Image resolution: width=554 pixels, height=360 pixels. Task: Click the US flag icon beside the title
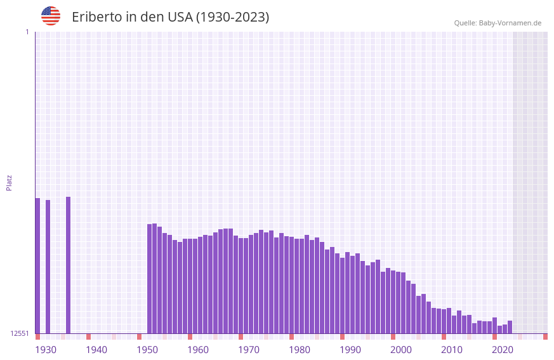point(51,16)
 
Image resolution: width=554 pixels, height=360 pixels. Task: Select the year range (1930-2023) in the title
point(232,17)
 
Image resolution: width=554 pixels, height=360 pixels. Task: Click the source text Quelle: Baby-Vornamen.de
point(498,23)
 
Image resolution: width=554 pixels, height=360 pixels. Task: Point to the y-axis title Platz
point(9,182)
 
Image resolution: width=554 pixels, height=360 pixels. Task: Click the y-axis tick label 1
point(27,32)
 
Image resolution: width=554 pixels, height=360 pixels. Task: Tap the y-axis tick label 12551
point(20,333)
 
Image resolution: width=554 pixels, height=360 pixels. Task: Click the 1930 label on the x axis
point(46,349)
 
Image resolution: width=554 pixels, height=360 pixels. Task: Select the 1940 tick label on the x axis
point(96,349)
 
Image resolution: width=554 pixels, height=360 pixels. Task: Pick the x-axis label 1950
point(147,349)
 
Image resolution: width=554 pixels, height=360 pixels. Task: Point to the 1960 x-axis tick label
point(198,349)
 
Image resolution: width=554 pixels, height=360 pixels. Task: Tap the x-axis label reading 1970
point(249,349)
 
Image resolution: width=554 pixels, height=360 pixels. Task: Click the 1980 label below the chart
point(300,349)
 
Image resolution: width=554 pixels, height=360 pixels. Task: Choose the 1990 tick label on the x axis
point(350,349)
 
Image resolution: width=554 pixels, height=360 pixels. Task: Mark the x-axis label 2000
point(401,349)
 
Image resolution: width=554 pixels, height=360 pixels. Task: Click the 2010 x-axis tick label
point(452,349)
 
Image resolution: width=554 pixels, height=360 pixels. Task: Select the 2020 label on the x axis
point(503,349)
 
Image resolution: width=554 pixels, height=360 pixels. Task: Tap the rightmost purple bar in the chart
point(510,327)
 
